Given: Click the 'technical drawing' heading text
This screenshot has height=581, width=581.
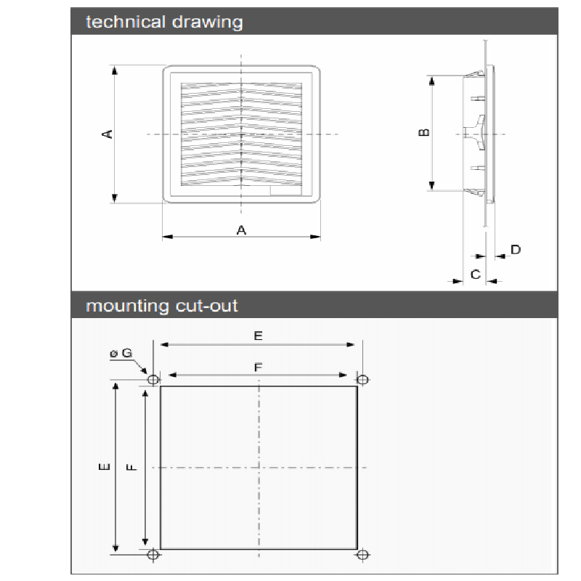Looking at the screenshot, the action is coord(164,22).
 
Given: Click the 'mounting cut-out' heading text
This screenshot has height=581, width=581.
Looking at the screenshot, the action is coord(161,306).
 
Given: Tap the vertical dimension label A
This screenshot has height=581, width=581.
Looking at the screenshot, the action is coord(107,134).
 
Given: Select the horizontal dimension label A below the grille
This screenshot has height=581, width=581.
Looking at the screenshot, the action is coord(241,230).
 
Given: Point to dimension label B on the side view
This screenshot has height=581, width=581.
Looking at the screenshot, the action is coord(424,132).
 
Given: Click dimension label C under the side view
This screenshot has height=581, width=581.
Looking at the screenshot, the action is coord(476,275).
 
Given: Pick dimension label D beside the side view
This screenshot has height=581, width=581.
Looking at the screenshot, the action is coord(516,250).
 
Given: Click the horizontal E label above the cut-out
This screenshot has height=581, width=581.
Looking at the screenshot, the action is coord(259,336).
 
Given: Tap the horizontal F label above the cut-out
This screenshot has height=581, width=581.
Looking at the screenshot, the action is coord(259,367).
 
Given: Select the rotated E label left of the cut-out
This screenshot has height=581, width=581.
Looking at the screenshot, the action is coord(105,467).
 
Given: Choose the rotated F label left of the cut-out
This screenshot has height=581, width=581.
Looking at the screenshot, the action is coord(132,467).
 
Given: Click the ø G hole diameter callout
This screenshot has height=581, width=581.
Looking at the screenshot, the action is coord(121,353).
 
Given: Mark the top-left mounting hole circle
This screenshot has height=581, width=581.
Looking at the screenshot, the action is coord(153,380).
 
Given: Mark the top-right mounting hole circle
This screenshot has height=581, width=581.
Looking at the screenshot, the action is coord(362,380).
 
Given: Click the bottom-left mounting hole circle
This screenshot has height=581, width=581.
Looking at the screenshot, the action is coord(153,555).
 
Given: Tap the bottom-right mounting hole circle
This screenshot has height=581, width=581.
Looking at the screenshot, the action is coord(362,555).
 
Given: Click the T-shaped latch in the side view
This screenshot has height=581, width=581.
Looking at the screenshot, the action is coord(476,133).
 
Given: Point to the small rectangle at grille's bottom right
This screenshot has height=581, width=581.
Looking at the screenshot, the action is coord(285,190).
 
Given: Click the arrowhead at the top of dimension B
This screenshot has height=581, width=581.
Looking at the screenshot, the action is coord(431,81).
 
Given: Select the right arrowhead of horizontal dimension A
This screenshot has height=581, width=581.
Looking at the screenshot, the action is coord(315,237).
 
